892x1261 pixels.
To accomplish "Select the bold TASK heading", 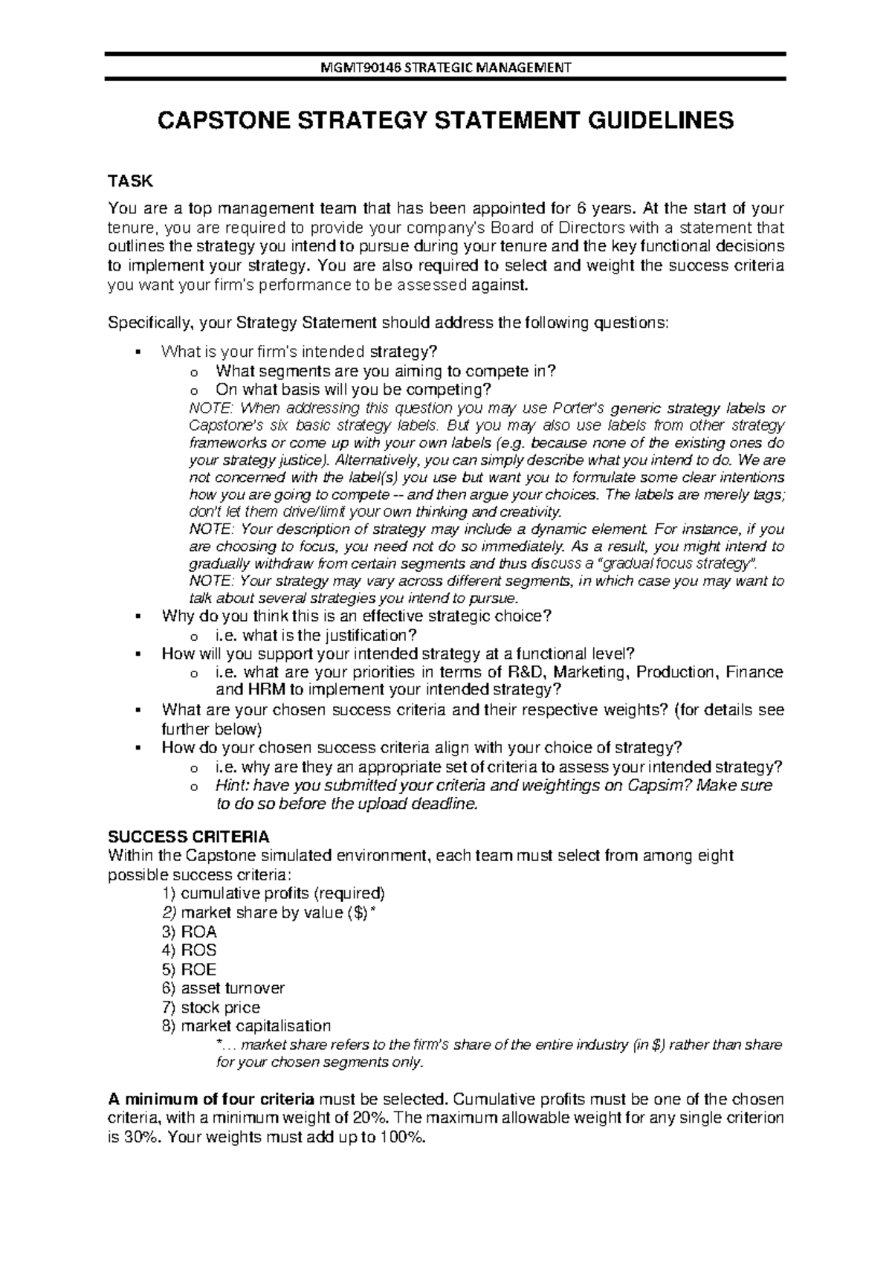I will click(131, 181).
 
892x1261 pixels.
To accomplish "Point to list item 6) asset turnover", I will click(223, 988).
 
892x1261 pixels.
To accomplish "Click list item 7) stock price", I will click(211, 1007).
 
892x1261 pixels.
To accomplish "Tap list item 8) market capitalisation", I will click(246, 1026).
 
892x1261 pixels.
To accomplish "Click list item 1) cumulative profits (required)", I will click(274, 893).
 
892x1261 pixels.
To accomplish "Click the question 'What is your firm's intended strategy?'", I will click(300, 351).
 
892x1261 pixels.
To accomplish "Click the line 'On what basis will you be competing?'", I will click(353, 389).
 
